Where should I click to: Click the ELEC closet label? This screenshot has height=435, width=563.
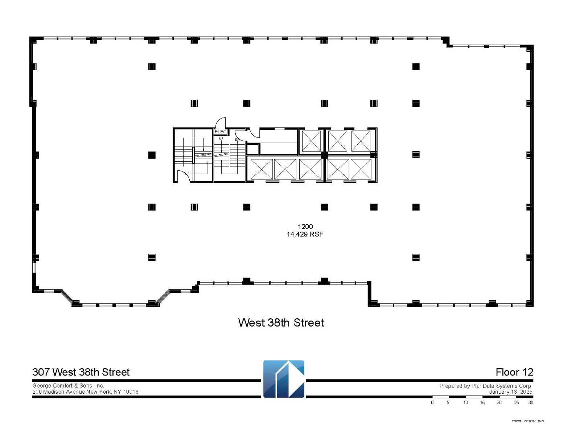click(221, 132)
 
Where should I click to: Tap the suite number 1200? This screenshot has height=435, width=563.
click(305, 227)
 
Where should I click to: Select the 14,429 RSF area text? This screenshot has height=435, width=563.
click(305, 234)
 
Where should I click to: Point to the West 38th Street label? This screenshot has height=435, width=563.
click(281, 323)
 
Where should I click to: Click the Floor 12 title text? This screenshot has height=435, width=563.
click(514, 372)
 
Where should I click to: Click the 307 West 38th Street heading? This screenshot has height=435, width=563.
click(81, 372)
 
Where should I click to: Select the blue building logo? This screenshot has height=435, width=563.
click(284, 379)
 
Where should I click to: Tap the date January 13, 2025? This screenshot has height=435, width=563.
click(510, 391)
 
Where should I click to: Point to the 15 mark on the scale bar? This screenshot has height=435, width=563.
click(482, 402)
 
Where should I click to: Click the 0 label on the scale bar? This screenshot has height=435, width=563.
click(432, 402)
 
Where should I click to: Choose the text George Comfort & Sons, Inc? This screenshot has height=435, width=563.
click(68, 386)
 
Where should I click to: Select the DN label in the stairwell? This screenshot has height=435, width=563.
click(237, 140)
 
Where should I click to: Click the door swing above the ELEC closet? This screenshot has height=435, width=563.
click(221, 123)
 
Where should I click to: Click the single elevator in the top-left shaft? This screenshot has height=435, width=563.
click(311, 141)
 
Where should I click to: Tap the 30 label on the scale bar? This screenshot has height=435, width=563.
click(530, 402)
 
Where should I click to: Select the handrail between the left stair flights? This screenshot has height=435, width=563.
click(193, 155)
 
